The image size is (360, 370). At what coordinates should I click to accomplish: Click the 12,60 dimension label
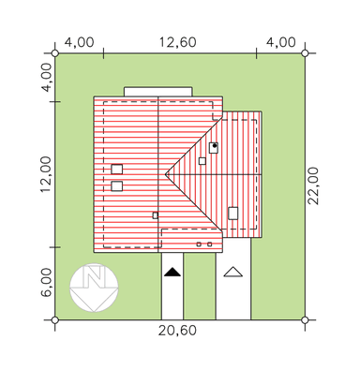[178, 42]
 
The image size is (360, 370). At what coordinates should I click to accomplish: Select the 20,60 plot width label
[177, 331]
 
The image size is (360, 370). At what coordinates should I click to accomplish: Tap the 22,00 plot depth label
[313, 185]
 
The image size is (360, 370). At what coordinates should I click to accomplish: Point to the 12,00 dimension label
[46, 174]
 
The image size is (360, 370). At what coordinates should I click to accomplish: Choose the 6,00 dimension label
[46, 283]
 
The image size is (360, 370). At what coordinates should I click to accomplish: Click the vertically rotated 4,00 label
[46, 78]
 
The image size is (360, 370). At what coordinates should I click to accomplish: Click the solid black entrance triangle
[172, 272]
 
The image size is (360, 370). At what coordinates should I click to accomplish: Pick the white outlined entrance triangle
[233, 272]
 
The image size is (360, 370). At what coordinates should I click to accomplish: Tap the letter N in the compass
[93, 276]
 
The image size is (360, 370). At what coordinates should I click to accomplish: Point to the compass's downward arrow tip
[94, 311]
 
